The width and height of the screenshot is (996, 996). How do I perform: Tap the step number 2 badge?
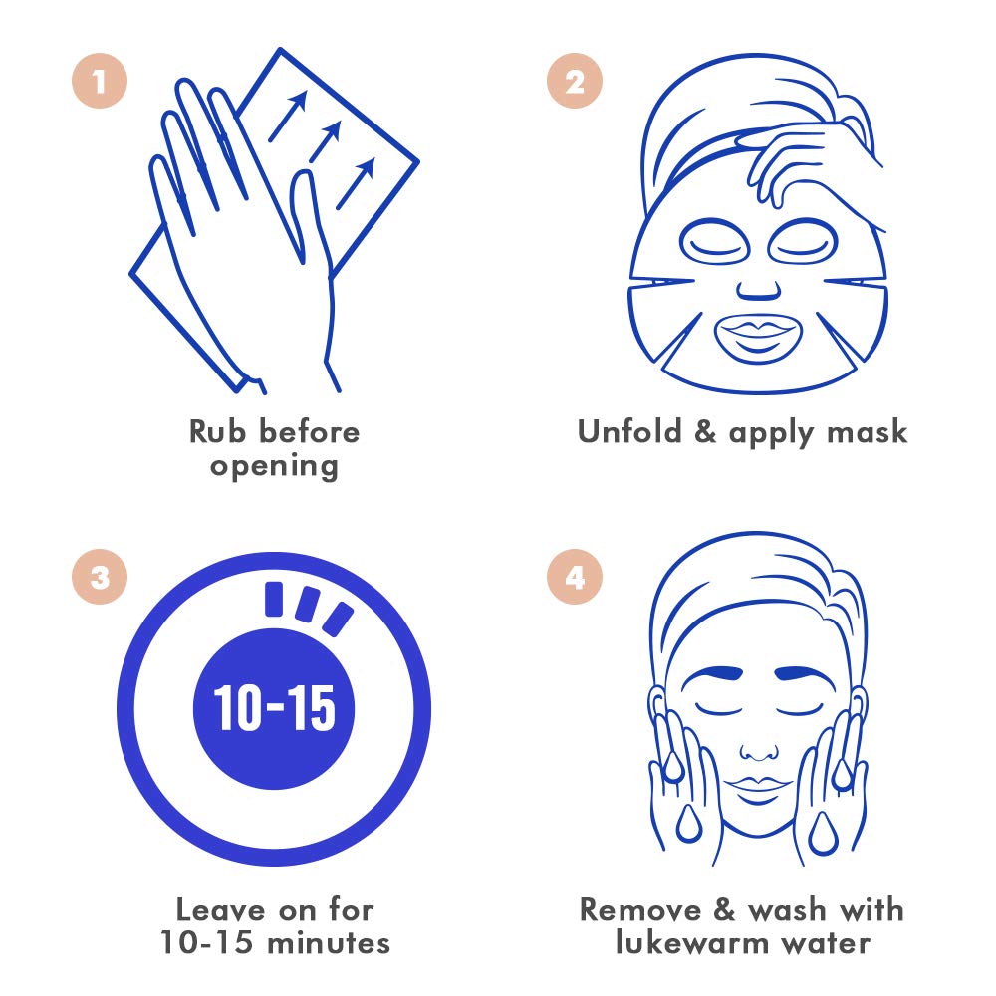click(575, 83)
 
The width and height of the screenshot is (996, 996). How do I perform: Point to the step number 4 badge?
click(575, 579)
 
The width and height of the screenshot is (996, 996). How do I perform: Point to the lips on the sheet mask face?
click(759, 335)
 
